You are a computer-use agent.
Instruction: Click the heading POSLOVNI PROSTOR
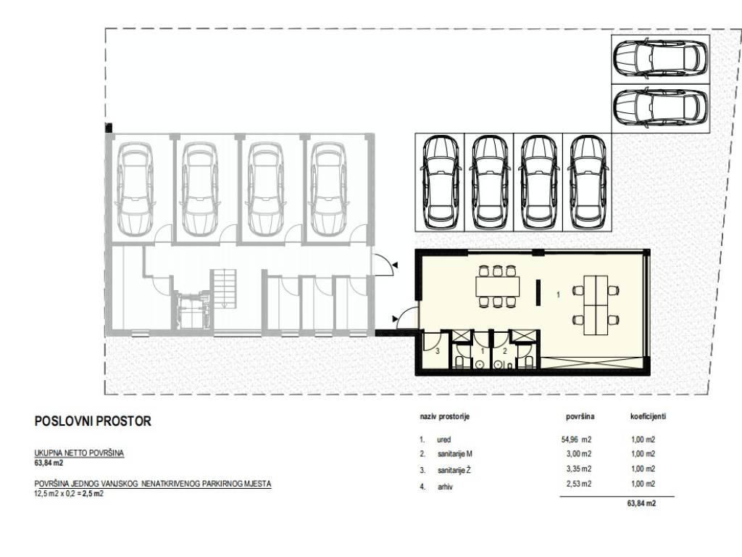[93, 421]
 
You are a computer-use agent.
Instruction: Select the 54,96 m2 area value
[576, 439]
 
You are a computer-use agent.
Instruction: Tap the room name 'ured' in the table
[444, 440]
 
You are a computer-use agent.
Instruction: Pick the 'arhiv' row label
[445, 487]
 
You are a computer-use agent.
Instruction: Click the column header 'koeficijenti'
[648, 416]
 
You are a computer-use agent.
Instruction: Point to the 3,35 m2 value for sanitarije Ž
[579, 469]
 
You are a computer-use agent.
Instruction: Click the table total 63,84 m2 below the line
[642, 503]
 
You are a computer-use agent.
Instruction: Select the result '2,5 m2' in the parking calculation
[95, 493]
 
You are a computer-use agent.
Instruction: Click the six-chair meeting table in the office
[497, 286]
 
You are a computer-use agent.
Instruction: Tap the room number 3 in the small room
[438, 351]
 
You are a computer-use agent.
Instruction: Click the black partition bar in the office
[538, 293]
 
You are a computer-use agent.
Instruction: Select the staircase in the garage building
[224, 289]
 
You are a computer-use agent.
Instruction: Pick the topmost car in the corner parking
[660, 60]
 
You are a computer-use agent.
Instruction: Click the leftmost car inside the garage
[136, 189]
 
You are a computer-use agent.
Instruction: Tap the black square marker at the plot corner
[109, 128]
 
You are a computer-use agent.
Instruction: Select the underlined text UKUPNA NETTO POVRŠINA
[79, 453]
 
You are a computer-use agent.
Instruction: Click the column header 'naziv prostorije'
[444, 417]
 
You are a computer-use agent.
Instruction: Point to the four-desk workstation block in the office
[596, 305]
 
